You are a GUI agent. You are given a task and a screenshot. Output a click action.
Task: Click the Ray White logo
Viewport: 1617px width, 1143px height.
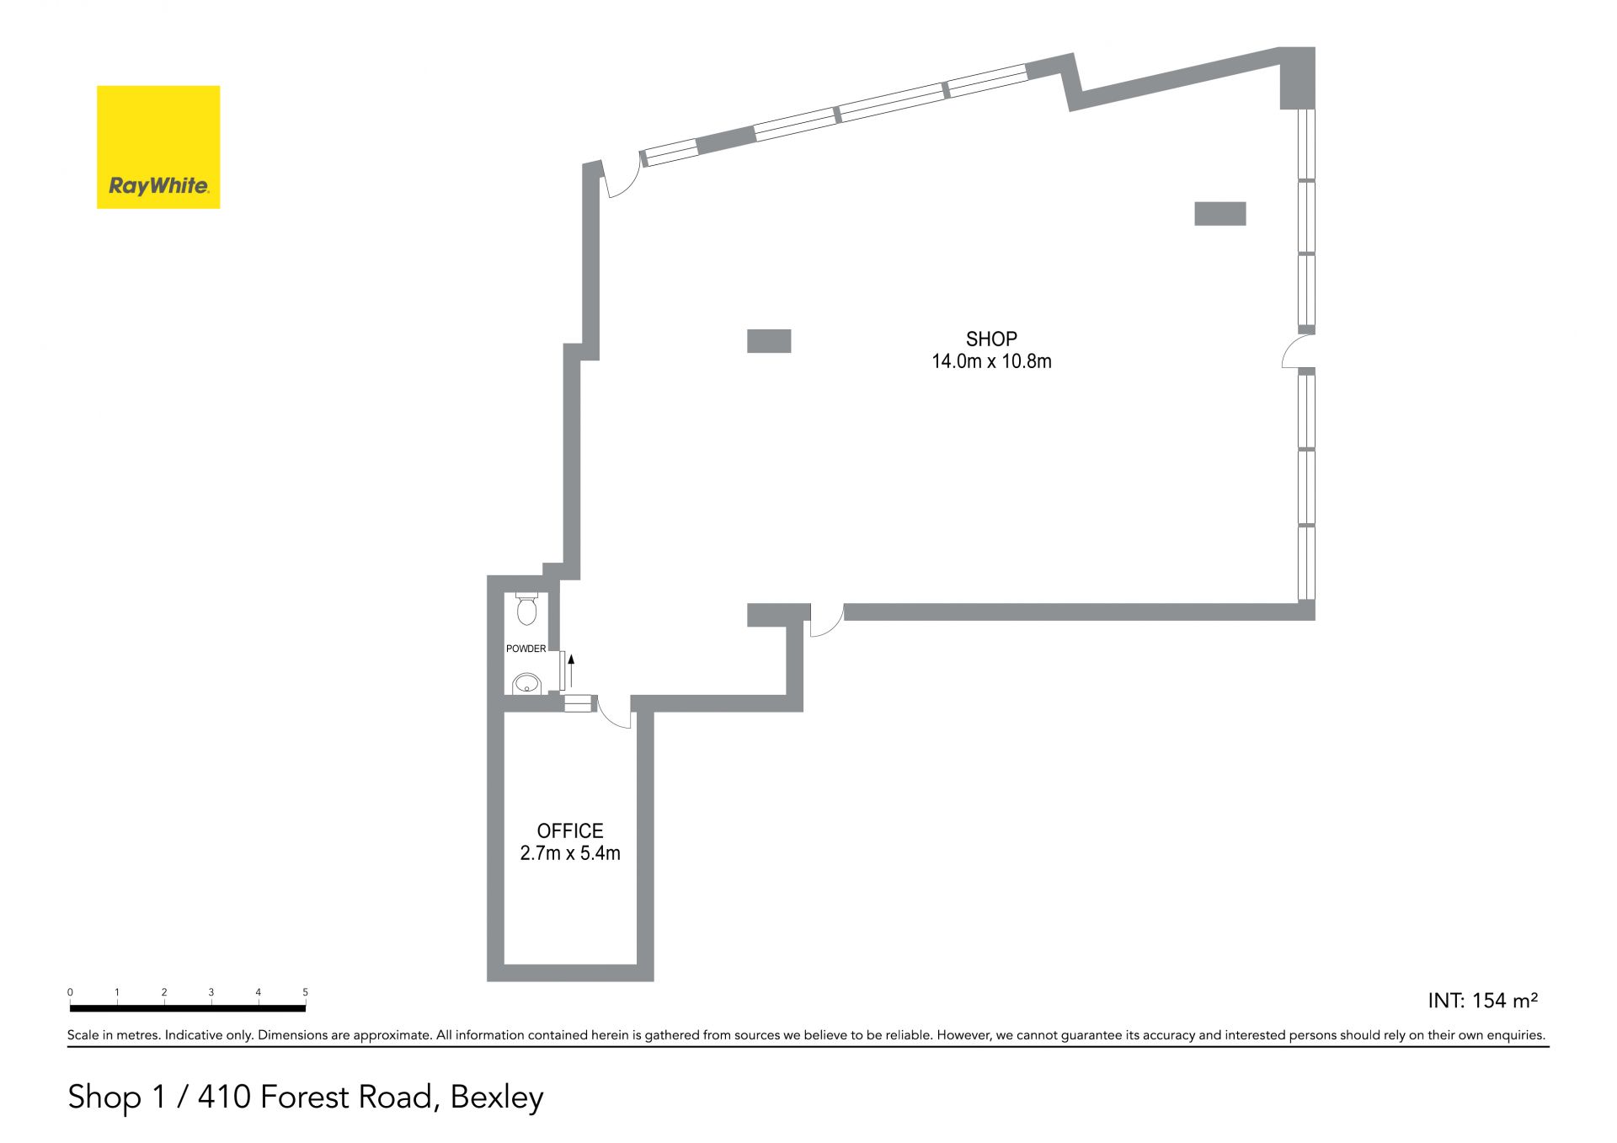click(158, 147)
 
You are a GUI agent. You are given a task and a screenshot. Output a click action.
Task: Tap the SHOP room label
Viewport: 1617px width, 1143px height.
click(991, 339)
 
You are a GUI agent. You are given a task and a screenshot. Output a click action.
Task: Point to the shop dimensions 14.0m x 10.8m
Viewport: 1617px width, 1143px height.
click(991, 361)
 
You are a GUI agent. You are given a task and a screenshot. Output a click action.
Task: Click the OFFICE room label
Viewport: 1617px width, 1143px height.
click(570, 831)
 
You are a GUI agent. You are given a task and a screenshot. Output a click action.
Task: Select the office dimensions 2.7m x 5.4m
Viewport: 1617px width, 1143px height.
click(570, 853)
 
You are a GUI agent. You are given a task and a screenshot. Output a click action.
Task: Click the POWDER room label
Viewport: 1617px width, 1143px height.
click(526, 649)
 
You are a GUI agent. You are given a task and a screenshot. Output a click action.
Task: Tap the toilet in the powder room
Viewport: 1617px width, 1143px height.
click(526, 609)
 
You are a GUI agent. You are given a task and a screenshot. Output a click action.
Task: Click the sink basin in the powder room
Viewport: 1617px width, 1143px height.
click(526, 683)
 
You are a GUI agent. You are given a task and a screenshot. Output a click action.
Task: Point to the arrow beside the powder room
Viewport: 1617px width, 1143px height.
click(571, 670)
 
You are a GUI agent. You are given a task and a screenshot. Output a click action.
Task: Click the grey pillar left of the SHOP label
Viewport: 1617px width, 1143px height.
click(769, 340)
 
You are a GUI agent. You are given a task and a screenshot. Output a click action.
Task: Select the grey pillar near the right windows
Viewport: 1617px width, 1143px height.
click(1219, 213)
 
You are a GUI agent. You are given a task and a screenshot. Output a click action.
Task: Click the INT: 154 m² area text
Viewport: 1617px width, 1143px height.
click(1482, 1000)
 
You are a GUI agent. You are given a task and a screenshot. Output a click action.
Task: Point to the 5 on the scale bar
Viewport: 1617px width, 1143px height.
click(306, 992)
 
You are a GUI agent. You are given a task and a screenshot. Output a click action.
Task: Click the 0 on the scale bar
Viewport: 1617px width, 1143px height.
click(70, 992)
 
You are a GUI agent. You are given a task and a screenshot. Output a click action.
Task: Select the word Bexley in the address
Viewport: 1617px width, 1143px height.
click(497, 1097)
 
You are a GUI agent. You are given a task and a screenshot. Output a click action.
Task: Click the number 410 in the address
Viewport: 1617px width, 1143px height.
click(224, 1096)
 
